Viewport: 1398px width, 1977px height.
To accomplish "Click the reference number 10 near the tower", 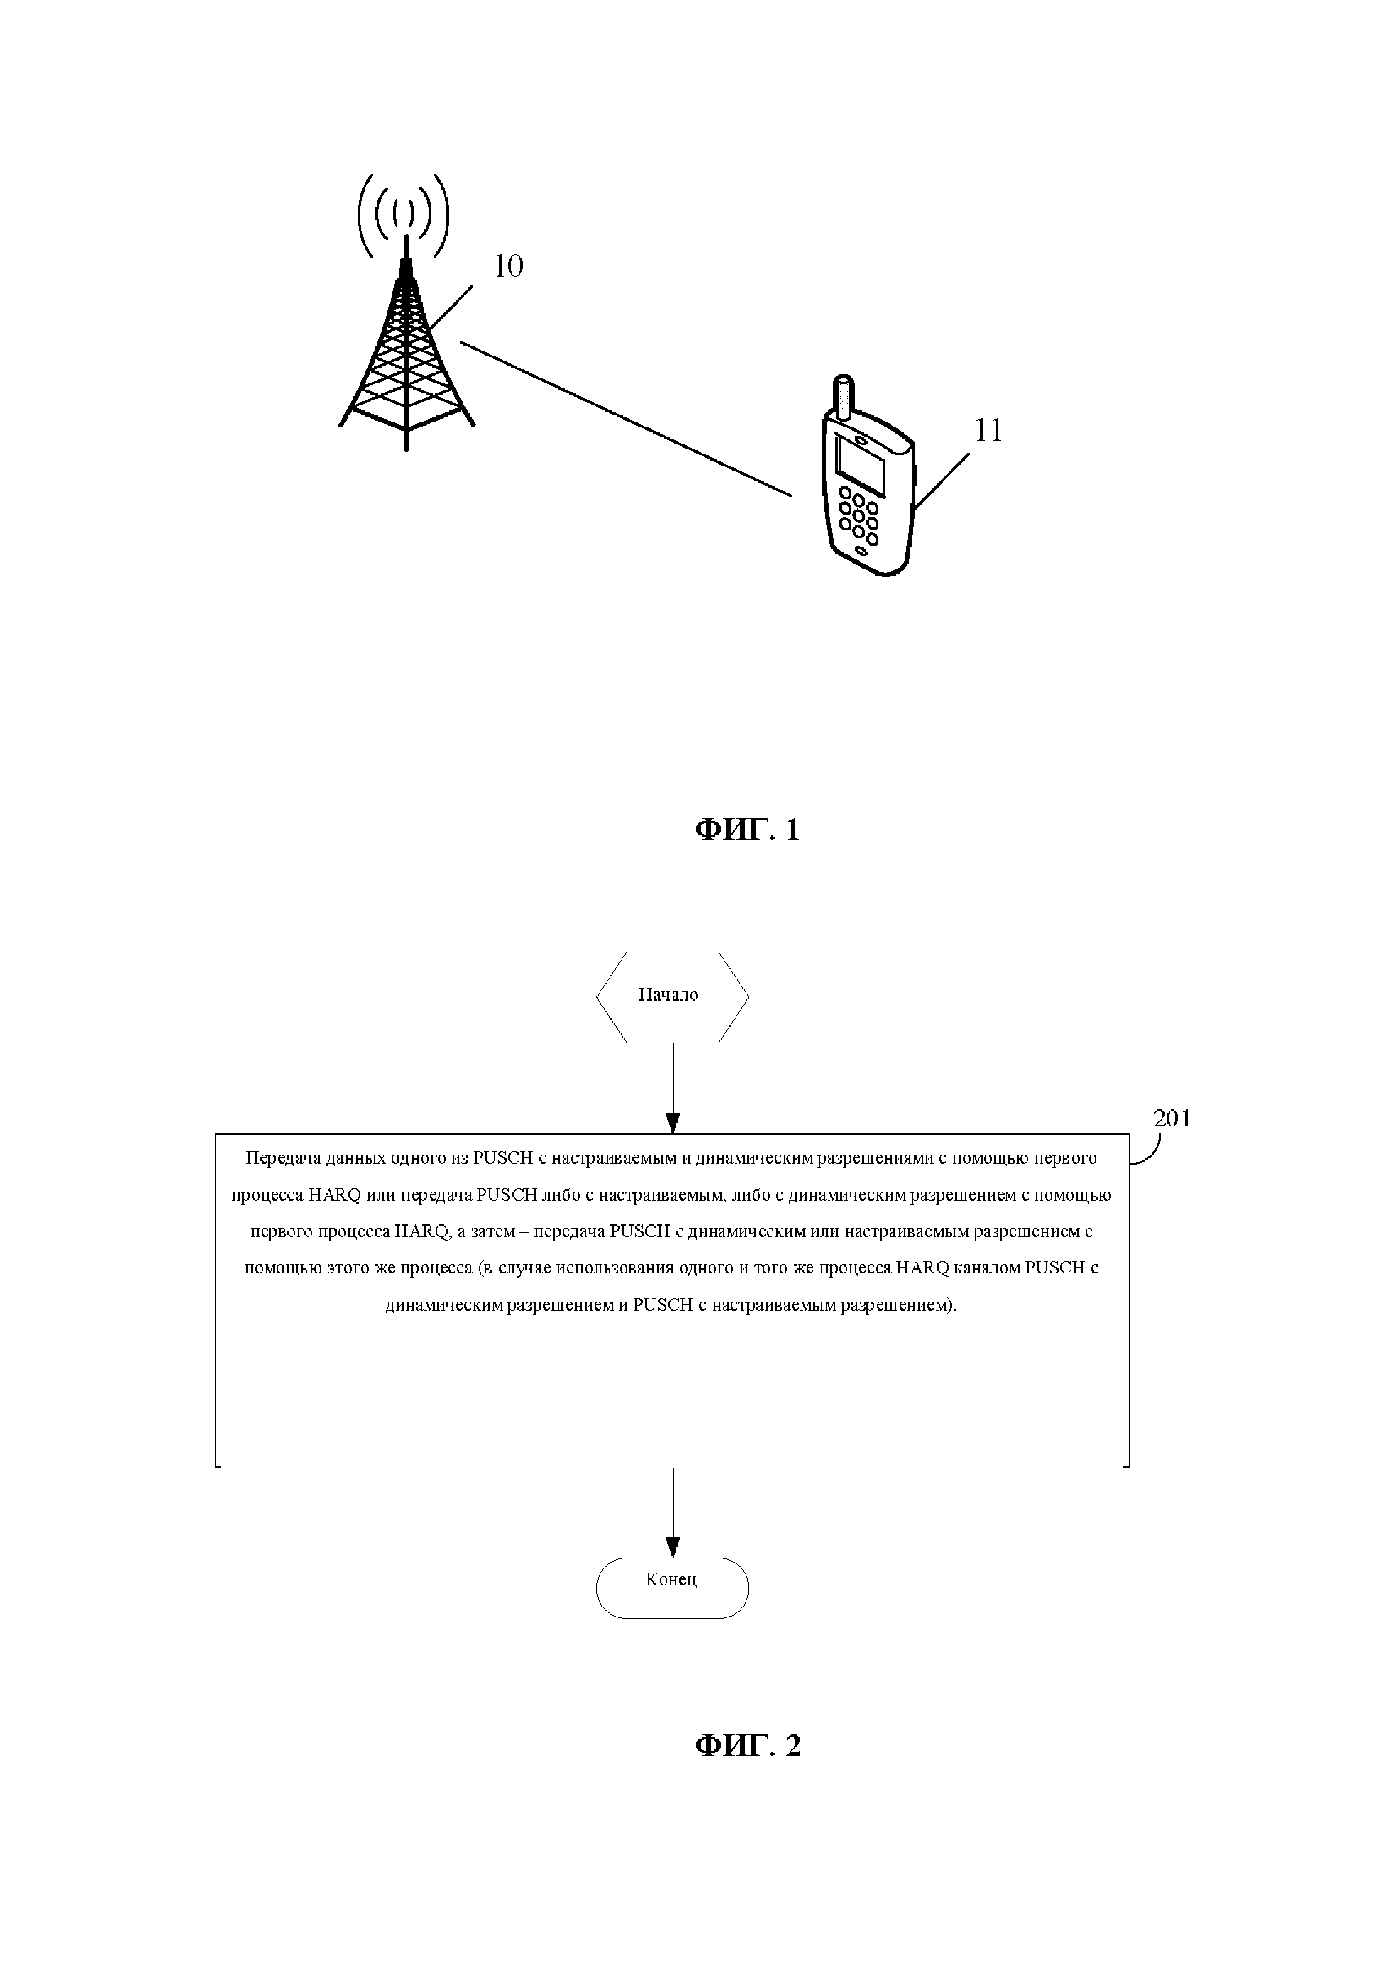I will [x=508, y=267].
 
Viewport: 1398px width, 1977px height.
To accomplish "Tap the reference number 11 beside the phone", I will [x=988, y=431].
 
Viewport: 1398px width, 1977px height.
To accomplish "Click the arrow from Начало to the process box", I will [x=673, y=1089].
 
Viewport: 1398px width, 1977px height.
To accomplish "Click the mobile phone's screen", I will [x=861, y=468].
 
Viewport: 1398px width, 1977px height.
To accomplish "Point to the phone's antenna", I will [x=844, y=397].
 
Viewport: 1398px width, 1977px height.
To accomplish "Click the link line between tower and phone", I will [x=626, y=419].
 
